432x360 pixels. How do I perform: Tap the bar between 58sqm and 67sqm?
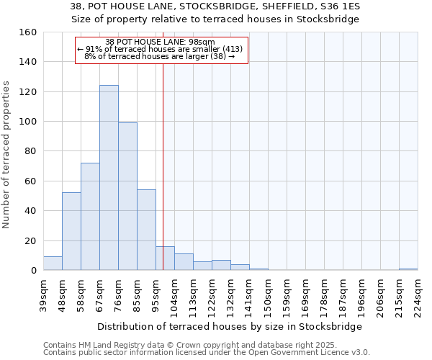pos(90,217)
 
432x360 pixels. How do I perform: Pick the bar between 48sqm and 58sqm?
pos(71,231)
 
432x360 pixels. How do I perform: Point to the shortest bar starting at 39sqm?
pos(53,264)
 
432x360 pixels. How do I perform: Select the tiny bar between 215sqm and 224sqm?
pos(408,269)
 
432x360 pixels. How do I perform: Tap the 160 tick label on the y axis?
pos(27,32)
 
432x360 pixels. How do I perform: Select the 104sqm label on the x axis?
pos(174,294)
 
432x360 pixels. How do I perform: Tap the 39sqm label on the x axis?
pos(43,294)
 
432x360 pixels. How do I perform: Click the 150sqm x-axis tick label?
pos(268,294)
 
